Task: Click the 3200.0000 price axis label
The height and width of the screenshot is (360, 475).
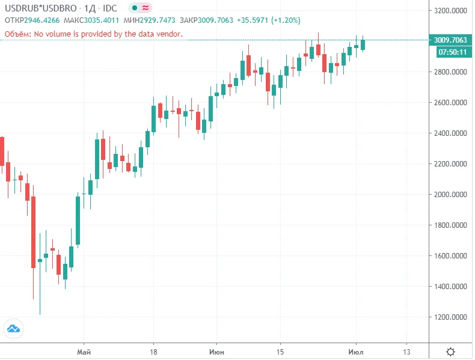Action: point(450,10)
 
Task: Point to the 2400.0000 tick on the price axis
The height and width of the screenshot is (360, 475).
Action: point(450,133)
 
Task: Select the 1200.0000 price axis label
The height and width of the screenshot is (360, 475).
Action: point(450,317)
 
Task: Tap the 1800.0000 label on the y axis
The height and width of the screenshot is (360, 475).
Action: point(450,225)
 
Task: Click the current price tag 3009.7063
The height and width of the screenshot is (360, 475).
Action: point(450,40)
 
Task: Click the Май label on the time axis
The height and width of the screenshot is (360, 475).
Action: point(84,351)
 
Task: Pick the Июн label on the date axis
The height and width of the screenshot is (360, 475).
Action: point(218,351)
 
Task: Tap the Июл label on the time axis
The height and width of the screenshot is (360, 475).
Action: point(357,351)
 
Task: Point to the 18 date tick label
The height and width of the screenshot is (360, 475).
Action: point(153,351)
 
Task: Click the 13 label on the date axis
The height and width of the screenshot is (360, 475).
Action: point(406,351)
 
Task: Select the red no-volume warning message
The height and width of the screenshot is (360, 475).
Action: point(93,34)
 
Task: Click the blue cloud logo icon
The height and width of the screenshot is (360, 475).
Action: point(13,328)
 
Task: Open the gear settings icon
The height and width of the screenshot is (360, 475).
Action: point(450,351)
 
